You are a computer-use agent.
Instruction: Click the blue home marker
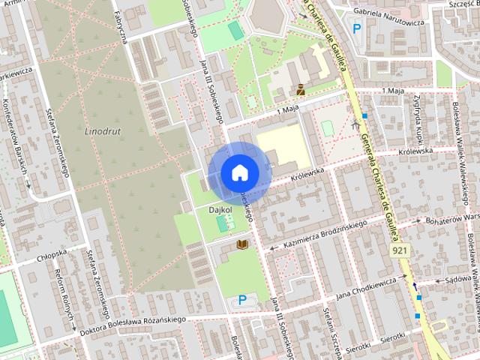pyautogui.click(x=239, y=172)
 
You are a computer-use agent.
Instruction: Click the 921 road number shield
pyautogui.click(x=399, y=250)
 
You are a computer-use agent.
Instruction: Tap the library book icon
pyautogui.click(x=242, y=244)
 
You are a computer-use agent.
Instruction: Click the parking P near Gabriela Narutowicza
pyautogui.click(x=357, y=29)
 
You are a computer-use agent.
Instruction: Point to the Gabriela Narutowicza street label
pyautogui.click(x=388, y=22)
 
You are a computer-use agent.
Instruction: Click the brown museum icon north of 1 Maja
pyautogui.click(x=300, y=89)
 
